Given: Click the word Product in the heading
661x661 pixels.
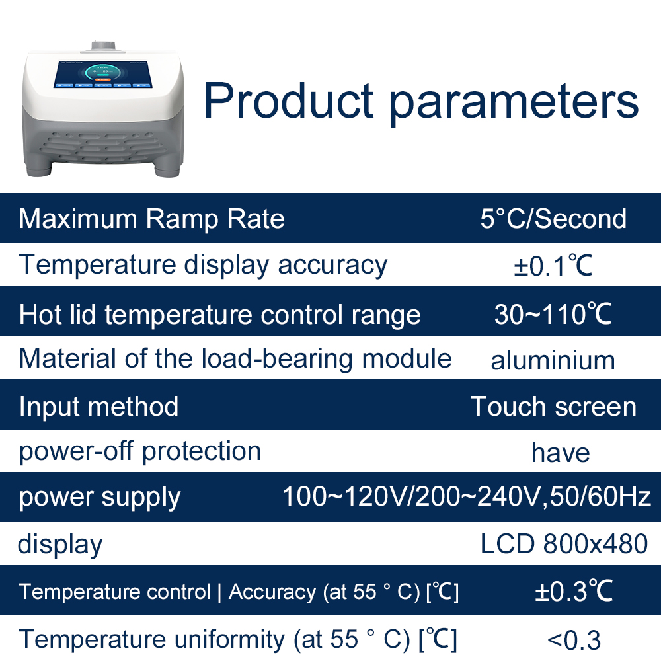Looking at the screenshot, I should click(288, 100).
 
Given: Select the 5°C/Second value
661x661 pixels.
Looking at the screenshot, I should click(553, 219).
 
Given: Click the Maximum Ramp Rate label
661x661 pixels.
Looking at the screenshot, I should click(152, 219).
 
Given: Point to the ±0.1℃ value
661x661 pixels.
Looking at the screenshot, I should click(553, 266).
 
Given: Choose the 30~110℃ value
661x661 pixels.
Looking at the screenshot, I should click(553, 315).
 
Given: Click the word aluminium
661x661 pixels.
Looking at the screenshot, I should click(553, 361).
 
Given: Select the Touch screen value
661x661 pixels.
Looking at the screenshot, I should click(553, 407).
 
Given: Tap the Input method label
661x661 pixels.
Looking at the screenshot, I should click(98, 407).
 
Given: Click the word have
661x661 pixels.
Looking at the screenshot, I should click(561, 453).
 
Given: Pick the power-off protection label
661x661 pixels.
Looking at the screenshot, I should click(139, 451).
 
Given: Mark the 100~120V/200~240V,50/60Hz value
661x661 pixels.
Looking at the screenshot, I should click(467, 496).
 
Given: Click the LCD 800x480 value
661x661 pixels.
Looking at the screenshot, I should click(564, 544).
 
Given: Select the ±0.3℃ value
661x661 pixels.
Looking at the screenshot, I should click(574, 591).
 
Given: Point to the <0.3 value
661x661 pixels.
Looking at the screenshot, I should click(574, 640).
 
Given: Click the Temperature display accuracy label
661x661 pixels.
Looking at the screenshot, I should click(203, 265).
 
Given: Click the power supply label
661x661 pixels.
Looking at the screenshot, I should click(99, 497).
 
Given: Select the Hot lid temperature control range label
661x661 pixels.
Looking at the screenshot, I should click(219, 315).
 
